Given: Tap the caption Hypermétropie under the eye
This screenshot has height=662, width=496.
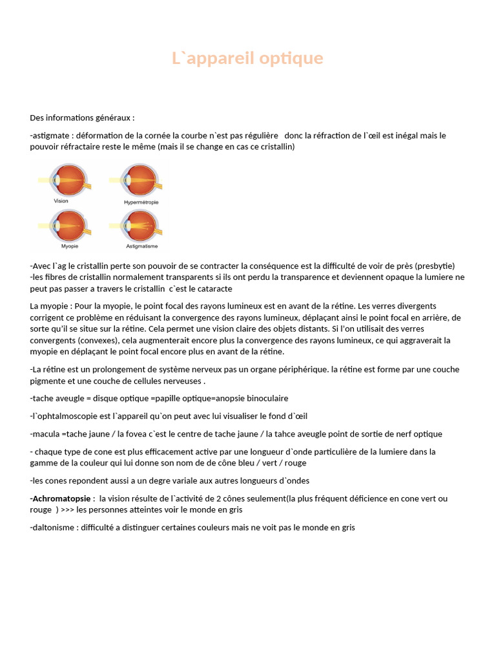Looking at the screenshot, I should (x=141, y=202).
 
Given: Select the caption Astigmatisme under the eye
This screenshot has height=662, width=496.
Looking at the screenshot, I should (x=141, y=246).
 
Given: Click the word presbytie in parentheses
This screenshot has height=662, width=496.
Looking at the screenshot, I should (x=435, y=266).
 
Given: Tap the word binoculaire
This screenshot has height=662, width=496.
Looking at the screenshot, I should (x=259, y=398).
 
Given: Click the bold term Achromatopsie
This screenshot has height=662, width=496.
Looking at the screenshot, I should (x=62, y=498).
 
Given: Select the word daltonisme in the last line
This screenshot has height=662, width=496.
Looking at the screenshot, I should (x=52, y=528).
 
